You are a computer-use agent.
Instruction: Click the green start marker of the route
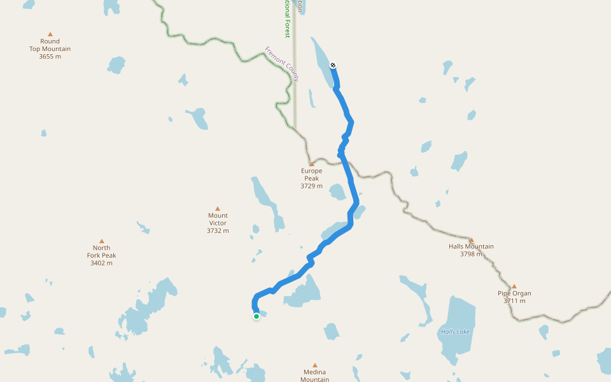point(256,316)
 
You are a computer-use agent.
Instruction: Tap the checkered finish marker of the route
point(333,65)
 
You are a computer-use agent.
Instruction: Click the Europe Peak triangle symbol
point(312,164)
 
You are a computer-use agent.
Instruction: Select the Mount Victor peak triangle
point(218,209)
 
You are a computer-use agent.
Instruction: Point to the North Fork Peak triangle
point(102,241)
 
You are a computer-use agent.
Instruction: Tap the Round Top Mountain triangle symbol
point(50,34)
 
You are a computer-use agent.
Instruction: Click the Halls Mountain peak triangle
point(471,240)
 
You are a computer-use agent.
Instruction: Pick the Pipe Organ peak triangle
point(514,286)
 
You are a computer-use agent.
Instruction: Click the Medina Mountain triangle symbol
point(314,365)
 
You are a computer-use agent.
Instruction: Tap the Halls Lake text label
point(455,332)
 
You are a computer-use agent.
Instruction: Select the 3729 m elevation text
point(312,187)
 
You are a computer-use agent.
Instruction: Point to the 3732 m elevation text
point(218,231)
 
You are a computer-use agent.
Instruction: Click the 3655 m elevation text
point(50,57)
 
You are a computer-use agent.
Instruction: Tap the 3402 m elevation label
point(102,263)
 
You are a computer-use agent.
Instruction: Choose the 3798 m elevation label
point(471,254)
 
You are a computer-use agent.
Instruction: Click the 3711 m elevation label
point(514,301)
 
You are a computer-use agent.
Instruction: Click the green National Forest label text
point(287,19)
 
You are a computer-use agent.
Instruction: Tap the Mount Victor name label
point(218,219)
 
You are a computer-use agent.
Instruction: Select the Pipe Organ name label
point(514,294)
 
